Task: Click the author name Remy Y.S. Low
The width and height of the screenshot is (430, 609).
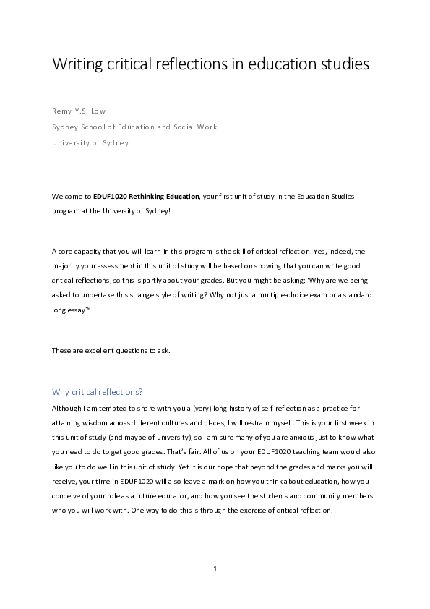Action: coord(80,111)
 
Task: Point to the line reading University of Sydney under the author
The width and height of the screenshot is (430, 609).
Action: coord(90,142)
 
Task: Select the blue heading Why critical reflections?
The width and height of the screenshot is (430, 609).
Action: coord(98,392)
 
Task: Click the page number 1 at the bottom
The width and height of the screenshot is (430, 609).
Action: coord(215,569)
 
